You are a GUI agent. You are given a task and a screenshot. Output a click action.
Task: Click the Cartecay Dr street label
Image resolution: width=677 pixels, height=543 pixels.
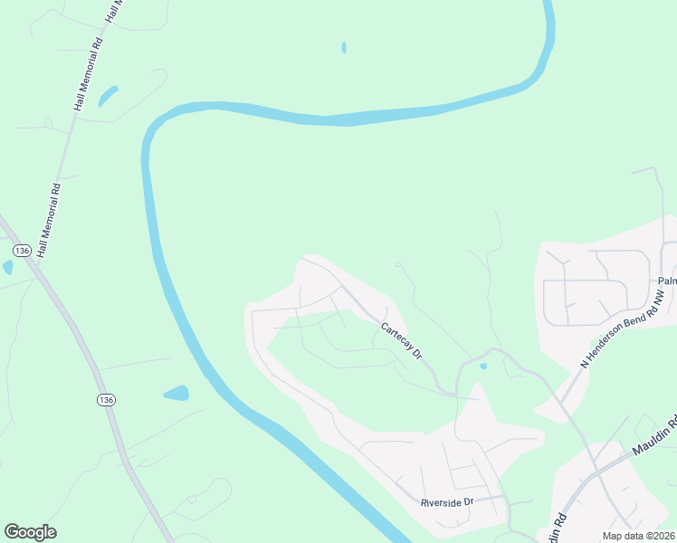click(402, 341)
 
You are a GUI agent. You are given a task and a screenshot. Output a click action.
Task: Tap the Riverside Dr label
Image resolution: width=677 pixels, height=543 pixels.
click(447, 501)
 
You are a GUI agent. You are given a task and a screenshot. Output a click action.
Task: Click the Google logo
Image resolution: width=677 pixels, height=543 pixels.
click(30, 532)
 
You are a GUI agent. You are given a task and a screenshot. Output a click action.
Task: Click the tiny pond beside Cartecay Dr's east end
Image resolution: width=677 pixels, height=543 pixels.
click(482, 366)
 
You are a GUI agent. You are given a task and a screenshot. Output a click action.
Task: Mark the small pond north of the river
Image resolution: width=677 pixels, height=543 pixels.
click(344, 47)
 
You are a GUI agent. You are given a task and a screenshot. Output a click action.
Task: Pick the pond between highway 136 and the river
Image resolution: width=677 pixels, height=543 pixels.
click(176, 394)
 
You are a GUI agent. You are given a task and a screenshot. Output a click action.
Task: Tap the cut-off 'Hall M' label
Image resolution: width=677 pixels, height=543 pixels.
click(113, 11)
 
